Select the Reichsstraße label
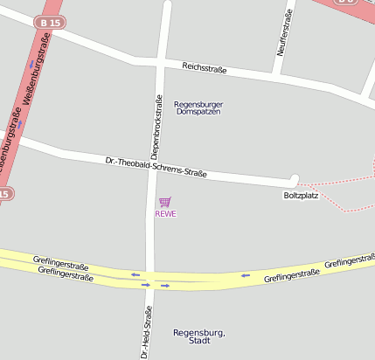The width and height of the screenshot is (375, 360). pos(205,67)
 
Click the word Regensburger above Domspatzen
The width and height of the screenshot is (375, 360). pos(198,104)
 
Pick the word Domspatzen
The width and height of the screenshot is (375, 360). pos(198,112)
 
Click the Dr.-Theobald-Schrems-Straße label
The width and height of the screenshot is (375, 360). pos(156,167)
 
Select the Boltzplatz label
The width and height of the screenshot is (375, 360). pos(301,195)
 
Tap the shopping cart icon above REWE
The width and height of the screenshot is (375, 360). pos(165,202)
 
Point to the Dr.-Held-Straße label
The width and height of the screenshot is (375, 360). pos(147,333)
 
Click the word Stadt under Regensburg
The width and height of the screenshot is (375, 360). pos(199,343)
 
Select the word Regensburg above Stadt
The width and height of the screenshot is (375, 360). pos(199,333)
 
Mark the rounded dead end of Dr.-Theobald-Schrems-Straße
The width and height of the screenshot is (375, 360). pos(295,180)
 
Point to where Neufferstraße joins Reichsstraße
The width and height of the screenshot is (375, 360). pos(275,76)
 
